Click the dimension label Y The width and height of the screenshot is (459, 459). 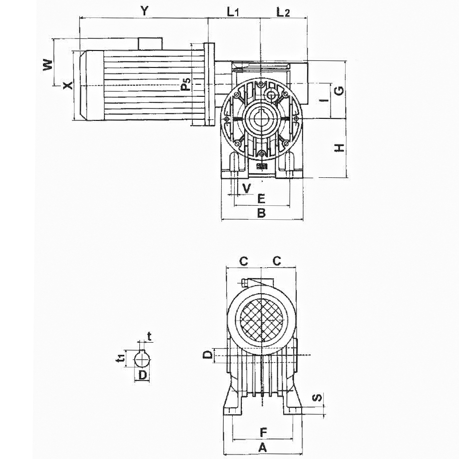(145, 11)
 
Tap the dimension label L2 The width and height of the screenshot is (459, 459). (283, 12)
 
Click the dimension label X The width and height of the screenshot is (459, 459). (68, 85)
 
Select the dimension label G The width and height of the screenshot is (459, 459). (339, 90)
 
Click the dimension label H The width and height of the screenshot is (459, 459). (340, 148)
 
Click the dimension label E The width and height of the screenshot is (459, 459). (260, 198)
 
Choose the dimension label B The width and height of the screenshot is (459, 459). (261, 213)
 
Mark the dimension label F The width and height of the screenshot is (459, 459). (264, 432)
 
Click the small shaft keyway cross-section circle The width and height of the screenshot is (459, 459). (143, 359)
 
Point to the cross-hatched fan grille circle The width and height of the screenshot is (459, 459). (261, 318)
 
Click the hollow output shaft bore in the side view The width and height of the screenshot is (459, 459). (261, 120)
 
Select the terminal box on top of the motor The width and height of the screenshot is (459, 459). (150, 43)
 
